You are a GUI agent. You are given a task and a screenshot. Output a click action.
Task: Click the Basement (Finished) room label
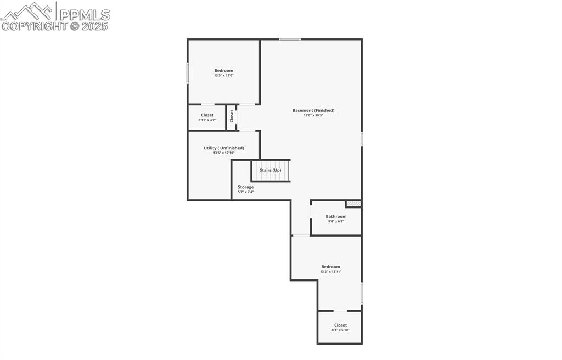click(313, 110)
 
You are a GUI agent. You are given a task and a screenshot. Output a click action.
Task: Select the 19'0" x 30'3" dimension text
click(313, 115)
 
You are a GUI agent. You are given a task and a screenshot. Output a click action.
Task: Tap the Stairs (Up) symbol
click(270, 170)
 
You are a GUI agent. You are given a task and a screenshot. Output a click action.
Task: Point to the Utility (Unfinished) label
click(223, 148)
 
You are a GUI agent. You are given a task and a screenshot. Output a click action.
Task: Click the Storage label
click(245, 187)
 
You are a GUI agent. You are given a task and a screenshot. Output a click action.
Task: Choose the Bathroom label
click(336, 216)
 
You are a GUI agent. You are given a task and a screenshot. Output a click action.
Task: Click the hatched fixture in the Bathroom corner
click(353, 204)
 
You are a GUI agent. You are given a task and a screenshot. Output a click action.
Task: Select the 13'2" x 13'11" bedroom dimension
click(331, 272)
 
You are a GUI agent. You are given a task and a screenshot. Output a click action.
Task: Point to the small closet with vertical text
click(232, 116)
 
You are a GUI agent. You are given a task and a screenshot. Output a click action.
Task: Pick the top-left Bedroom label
click(223, 70)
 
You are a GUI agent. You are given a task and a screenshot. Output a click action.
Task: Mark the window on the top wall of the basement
click(289, 39)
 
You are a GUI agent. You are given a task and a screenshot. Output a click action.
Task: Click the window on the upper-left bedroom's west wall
click(188, 73)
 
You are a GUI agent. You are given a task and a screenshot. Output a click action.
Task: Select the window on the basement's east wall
click(362, 139)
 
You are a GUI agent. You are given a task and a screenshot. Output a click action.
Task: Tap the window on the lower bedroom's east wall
click(362, 293)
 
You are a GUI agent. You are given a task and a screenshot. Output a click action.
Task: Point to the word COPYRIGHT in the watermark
click(34, 26)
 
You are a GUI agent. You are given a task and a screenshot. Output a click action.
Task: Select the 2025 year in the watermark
click(95, 26)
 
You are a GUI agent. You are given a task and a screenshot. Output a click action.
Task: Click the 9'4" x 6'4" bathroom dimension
click(336, 221)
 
